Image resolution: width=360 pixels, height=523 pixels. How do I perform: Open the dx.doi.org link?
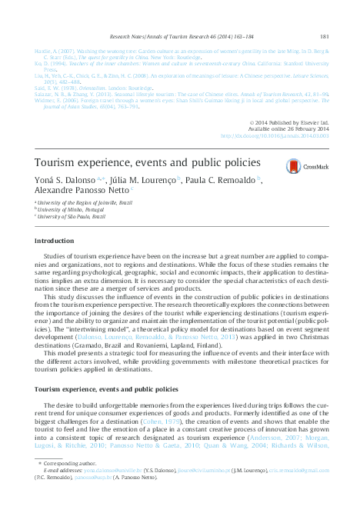[275, 135]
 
